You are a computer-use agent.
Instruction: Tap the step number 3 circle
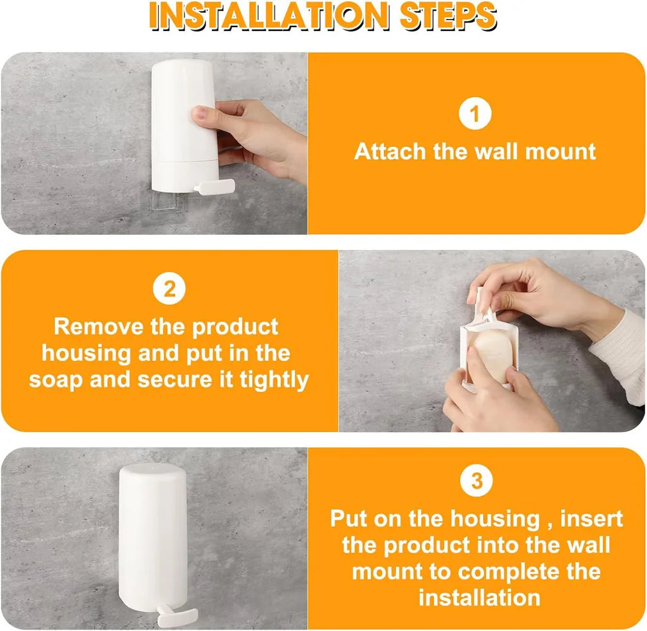coord(477,481)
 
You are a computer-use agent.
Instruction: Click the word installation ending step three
coord(479,597)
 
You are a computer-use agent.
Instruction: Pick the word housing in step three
coord(495,519)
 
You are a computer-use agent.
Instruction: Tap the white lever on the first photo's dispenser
coord(214,186)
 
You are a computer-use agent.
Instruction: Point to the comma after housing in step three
coord(545,525)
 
